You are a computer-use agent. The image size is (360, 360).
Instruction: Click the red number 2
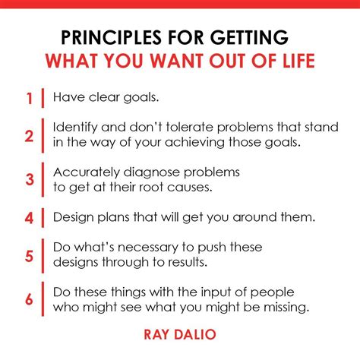[28, 137]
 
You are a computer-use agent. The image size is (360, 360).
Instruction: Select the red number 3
[28, 180]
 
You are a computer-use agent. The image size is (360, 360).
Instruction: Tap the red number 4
[28, 218]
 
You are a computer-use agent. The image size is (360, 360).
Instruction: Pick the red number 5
[28, 256]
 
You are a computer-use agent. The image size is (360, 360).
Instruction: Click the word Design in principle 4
[73, 218]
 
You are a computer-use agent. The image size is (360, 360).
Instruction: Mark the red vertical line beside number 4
[43, 218]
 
